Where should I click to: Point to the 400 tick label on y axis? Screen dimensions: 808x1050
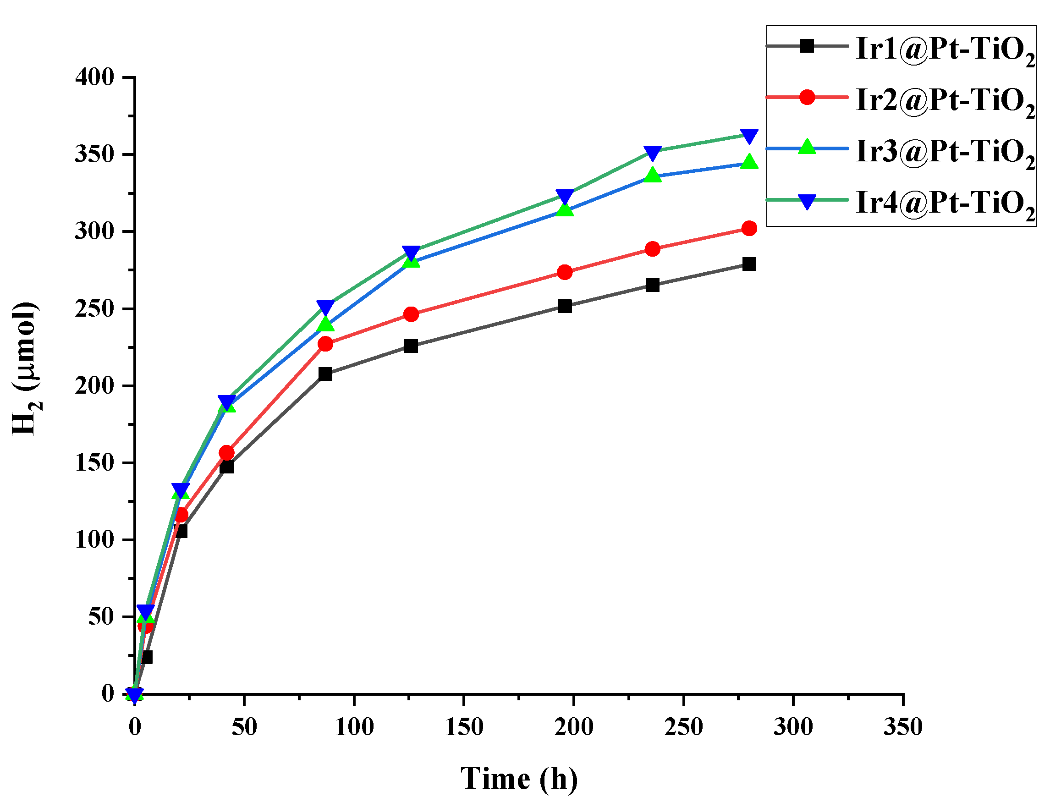(x=95, y=77)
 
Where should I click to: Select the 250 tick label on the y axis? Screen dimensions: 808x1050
(x=95, y=308)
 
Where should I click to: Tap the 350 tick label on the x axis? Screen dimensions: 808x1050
(x=903, y=727)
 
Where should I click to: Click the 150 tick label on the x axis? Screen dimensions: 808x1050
(x=464, y=727)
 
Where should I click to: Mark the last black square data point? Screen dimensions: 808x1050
(x=749, y=264)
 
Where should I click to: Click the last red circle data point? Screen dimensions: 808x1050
(x=749, y=228)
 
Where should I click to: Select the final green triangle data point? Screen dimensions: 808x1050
(x=749, y=162)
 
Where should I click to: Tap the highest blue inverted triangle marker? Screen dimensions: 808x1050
(x=749, y=136)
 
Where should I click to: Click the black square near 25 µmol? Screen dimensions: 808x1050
(x=146, y=657)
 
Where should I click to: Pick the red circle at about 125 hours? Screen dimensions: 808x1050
(x=411, y=314)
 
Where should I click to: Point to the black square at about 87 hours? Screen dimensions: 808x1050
(x=325, y=374)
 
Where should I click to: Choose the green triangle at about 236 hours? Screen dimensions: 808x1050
(x=652, y=176)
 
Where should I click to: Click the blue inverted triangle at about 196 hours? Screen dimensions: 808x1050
(x=565, y=196)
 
